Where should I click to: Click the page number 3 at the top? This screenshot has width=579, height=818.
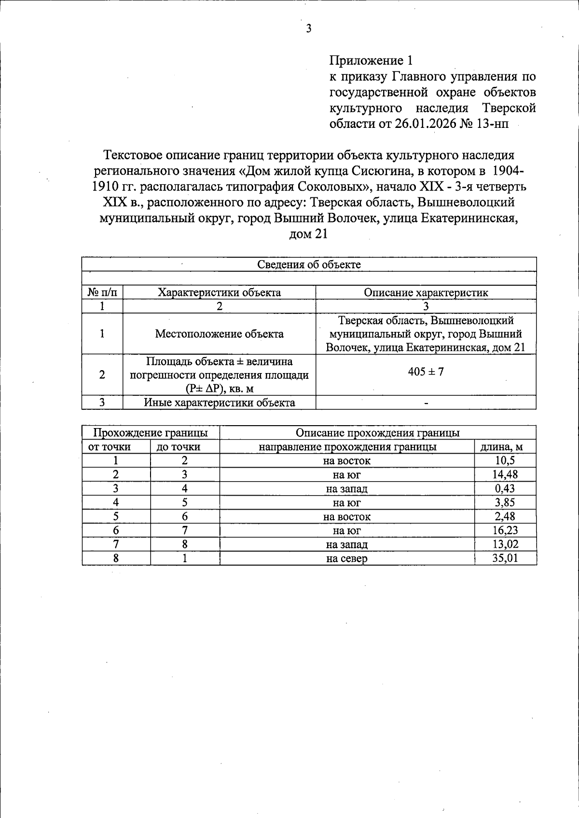[309, 29]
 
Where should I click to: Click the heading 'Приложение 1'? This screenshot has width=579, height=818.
[371, 61]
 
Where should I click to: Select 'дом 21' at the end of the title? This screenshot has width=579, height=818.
[309, 234]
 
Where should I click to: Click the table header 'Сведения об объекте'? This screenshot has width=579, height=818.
[309, 264]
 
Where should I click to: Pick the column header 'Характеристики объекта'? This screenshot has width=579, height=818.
[220, 292]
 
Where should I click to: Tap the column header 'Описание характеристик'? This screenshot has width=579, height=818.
[426, 292]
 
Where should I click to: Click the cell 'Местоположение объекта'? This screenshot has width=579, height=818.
[220, 334]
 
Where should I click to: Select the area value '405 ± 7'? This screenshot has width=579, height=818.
[426, 372]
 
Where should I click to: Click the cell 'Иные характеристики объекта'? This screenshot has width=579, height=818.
[220, 402]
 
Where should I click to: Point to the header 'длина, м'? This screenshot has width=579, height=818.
[505, 447]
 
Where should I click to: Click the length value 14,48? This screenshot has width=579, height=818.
[505, 474]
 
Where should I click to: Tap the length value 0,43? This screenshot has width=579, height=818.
[505, 488]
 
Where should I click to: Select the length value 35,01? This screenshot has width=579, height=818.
[505, 558]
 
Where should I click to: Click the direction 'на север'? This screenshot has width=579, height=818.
[347, 559]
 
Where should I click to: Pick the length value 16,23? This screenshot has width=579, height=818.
[505, 530]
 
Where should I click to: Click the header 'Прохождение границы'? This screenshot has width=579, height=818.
[151, 433]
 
